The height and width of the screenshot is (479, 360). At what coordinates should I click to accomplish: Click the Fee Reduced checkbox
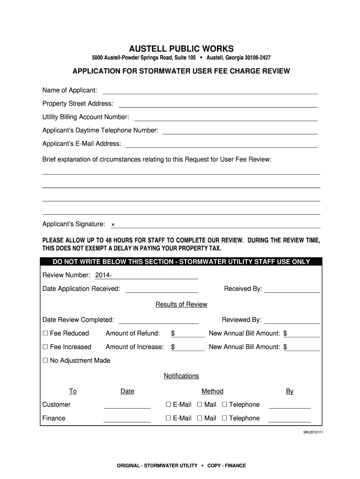(x=45, y=334)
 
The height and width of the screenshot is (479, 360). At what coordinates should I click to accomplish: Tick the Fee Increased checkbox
(x=45, y=347)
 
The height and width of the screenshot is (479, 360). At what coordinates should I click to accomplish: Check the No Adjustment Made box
(x=45, y=361)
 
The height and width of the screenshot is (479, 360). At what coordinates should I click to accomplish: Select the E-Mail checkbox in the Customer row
(x=168, y=405)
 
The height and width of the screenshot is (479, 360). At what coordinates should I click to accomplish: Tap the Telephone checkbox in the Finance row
(x=224, y=418)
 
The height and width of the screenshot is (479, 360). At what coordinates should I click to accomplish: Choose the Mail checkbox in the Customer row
(x=200, y=405)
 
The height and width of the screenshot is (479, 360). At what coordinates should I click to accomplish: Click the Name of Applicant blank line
(x=210, y=93)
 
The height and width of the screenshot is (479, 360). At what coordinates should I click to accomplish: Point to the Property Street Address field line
(x=218, y=107)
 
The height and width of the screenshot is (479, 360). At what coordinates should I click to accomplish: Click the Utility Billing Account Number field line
(x=226, y=120)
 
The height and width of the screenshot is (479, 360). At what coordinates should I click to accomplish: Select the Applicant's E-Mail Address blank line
(x=222, y=147)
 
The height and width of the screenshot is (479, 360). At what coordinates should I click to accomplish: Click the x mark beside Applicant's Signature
(x=113, y=225)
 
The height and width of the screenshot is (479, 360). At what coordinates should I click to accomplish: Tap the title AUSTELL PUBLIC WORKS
(x=181, y=49)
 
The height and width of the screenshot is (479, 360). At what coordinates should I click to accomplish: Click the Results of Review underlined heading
(x=181, y=305)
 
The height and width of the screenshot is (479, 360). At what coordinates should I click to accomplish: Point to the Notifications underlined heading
(x=181, y=376)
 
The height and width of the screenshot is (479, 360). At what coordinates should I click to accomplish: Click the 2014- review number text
(x=103, y=275)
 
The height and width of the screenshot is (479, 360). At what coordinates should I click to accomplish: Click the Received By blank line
(x=292, y=292)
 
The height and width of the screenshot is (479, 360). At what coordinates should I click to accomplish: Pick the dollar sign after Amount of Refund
(x=173, y=334)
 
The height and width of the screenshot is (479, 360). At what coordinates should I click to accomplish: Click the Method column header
(x=212, y=392)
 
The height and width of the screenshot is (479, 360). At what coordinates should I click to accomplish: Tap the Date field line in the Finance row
(x=127, y=421)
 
